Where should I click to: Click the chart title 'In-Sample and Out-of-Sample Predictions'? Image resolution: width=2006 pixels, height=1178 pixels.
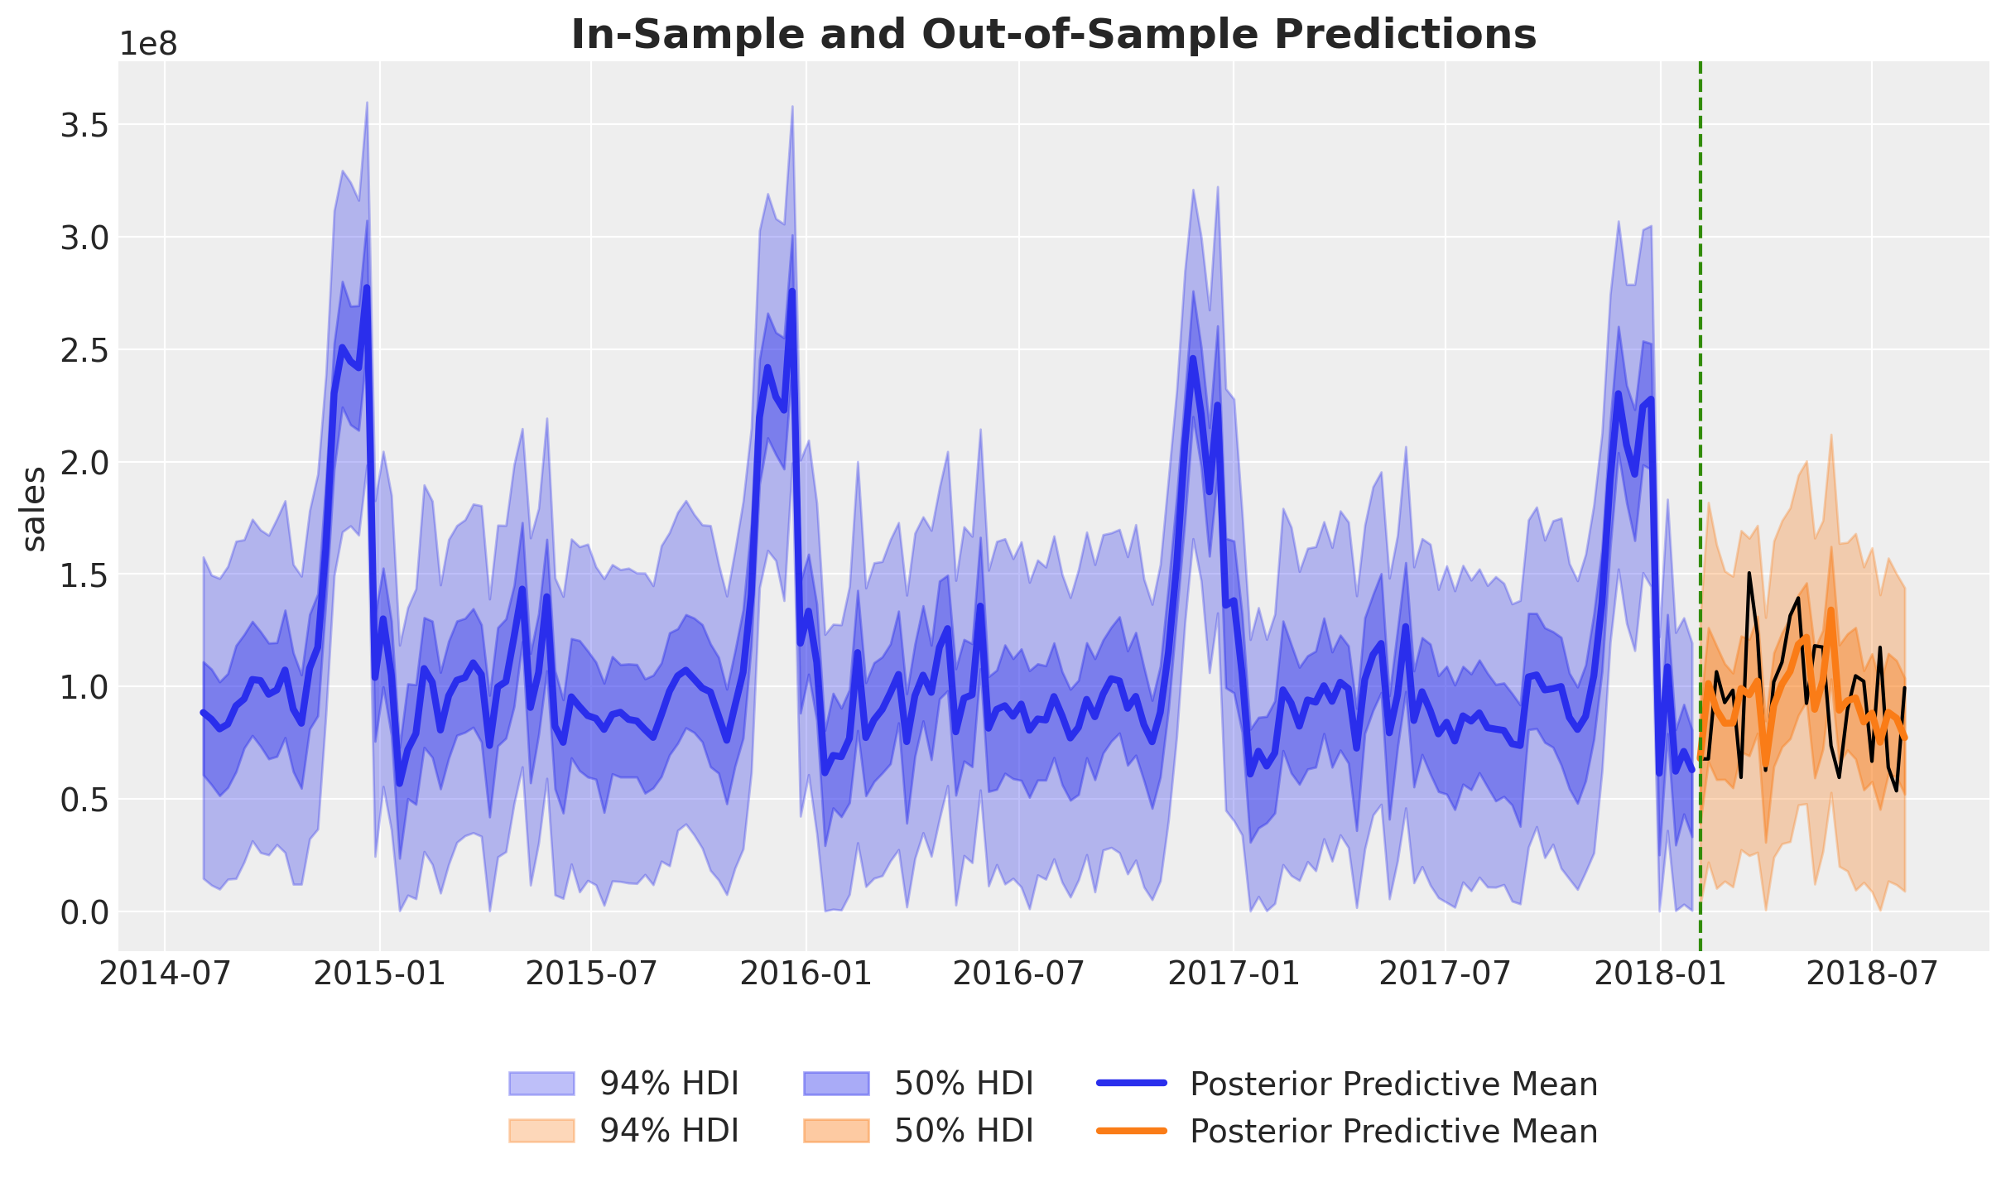1053,35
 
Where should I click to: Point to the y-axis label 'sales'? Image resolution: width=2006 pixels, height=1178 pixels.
34,508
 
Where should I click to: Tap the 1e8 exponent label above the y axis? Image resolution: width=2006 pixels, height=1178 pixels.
148,45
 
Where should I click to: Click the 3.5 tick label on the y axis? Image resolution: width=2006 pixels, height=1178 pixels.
84,126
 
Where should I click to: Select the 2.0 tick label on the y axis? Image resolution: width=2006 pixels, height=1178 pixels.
84,462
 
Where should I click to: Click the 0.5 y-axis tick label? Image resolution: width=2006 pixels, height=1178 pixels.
84,799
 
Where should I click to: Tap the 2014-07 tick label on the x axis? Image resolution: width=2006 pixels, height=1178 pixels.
165,974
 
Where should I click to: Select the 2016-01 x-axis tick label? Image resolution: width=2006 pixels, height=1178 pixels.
806,974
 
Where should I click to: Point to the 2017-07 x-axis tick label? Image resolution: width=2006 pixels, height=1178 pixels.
1446,974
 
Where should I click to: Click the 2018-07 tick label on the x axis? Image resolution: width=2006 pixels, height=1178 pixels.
1872,974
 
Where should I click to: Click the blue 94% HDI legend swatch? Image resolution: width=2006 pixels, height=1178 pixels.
541,1084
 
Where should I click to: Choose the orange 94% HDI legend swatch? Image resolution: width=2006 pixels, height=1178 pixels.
541,1131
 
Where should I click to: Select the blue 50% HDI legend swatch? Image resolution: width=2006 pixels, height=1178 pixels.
836,1084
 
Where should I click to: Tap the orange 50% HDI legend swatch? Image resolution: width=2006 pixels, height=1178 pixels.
836,1131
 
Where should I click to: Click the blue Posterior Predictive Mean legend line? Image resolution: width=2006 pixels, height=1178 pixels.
1131,1084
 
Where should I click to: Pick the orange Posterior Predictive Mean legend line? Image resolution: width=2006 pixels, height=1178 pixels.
1131,1131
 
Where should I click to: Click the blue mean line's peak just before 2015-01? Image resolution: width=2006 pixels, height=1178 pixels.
366,288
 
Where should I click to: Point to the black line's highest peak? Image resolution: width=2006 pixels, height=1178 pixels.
1749,573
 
